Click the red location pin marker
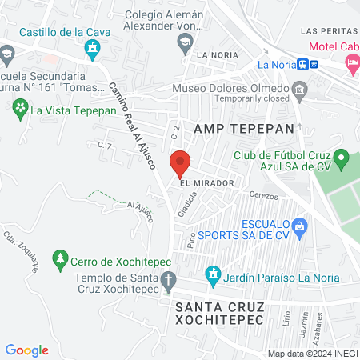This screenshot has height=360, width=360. click(x=180, y=162)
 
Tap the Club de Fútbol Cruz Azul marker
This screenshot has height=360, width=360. click(x=341, y=157)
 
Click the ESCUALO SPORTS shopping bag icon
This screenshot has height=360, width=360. click(x=300, y=226)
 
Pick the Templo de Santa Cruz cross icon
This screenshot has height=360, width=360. click(x=168, y=281)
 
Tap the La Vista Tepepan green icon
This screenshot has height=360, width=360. click(x=18, y=111)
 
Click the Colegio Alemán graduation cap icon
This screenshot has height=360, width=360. click(x=185, y=41)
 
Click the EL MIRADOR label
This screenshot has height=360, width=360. click(x=206, y=183)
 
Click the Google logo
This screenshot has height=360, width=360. click(x=26, y=350)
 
